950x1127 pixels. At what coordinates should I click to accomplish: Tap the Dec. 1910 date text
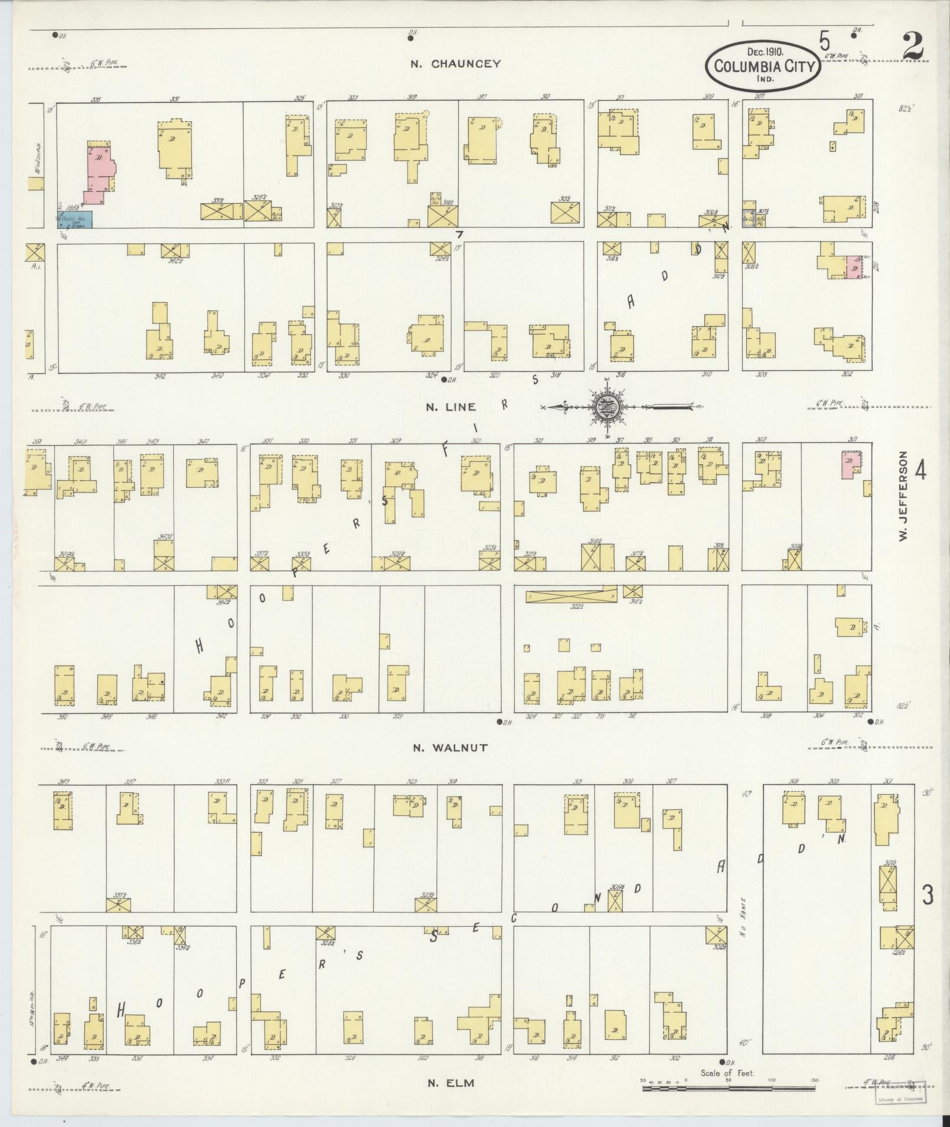(764, 52)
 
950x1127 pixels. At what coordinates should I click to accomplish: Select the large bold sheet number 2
(912, 47)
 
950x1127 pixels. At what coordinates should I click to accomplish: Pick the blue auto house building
(74, 219)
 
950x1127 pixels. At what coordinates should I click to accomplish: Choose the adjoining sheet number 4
(920, 471)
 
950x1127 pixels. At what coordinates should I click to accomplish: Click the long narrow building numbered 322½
(571, 597)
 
